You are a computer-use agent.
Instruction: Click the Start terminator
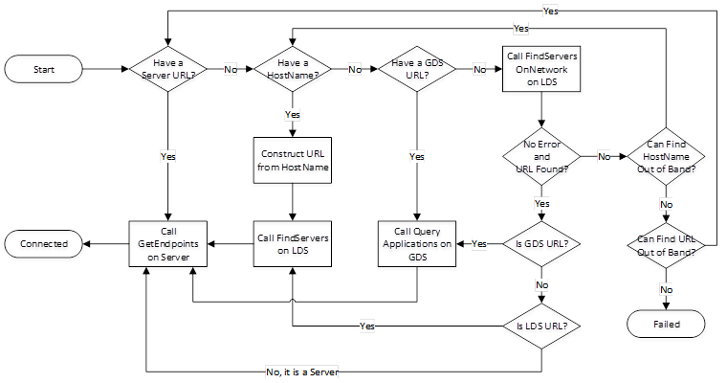pos(43,69)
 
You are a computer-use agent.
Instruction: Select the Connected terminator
pos(44,243)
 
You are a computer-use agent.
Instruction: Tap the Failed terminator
pos(666,325)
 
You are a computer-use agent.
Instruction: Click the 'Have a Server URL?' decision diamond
pos(168,69)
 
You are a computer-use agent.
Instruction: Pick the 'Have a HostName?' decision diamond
pos(293,69)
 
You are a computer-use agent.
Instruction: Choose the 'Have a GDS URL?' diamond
pos(417,69)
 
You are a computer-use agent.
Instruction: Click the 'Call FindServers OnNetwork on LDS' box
pos(541,69)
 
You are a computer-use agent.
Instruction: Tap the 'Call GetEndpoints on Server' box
pos(168,243)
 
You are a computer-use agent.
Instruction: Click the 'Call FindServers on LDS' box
pos(293,243)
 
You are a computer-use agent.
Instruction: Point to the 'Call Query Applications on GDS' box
pos(417,243)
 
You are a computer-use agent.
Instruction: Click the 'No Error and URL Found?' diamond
pos(541,155)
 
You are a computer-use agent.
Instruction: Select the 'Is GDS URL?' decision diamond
pos(541,243)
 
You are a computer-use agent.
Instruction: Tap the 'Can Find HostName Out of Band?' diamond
pos(666,155)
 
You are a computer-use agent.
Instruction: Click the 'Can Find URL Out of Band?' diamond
pos(666,243)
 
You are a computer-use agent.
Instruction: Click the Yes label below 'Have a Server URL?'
pos(168,155)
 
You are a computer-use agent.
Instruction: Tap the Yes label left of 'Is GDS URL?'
pos(479,244)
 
